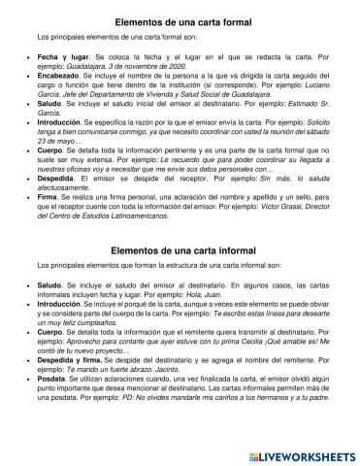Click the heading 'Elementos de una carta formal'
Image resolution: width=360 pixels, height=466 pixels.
point(180,19)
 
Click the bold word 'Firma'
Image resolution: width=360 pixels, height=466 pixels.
point(48,198)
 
